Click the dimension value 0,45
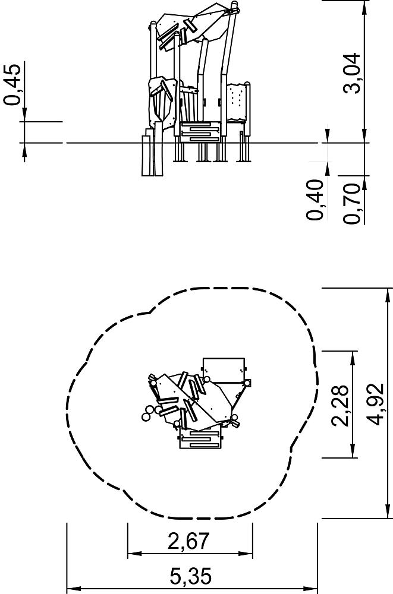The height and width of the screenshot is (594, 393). (x=12, y=84)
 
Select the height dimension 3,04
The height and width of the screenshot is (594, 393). (x=351, y=73)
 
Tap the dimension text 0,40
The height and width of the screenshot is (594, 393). (x=315, y=200)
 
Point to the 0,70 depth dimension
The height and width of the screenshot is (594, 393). (x=351, y=203)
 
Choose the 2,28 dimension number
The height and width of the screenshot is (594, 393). (x=339, y=405)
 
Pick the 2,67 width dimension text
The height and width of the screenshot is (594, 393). (x=188, y=541)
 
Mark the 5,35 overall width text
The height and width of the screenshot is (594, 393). (x=190, y=577)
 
